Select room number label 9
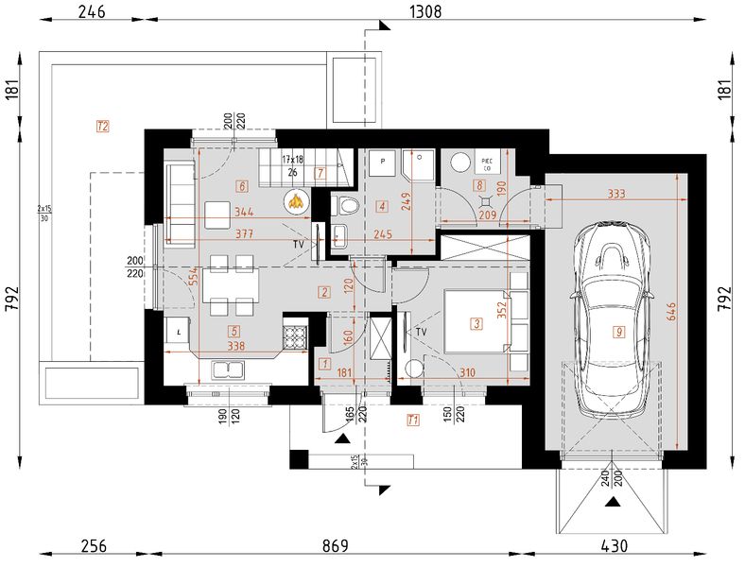[x=618, y=332]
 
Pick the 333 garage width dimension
[x=616, y=195]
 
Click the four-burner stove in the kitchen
[x=296, y=335]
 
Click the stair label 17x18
[x=292, y=160]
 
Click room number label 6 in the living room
[x=243, y=186]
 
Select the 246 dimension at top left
[x=92, y=11]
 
